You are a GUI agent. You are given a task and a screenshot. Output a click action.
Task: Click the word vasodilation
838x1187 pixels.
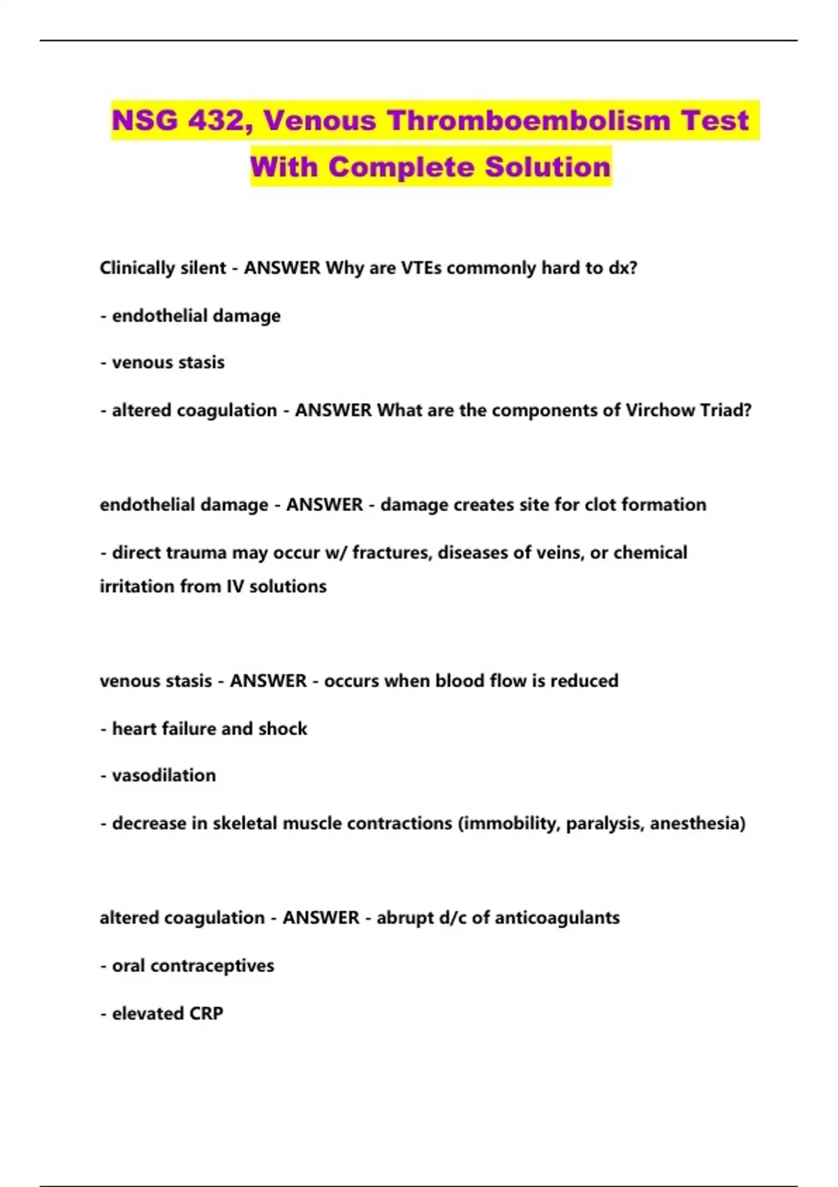point(163,776)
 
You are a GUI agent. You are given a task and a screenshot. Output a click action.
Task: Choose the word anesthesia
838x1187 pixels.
point(696,824)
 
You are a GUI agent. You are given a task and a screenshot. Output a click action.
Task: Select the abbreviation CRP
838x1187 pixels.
point(206,1014)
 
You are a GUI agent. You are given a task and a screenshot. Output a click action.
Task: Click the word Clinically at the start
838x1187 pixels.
point(132,269)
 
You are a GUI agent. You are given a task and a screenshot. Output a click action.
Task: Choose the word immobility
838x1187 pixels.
point(509,824)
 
